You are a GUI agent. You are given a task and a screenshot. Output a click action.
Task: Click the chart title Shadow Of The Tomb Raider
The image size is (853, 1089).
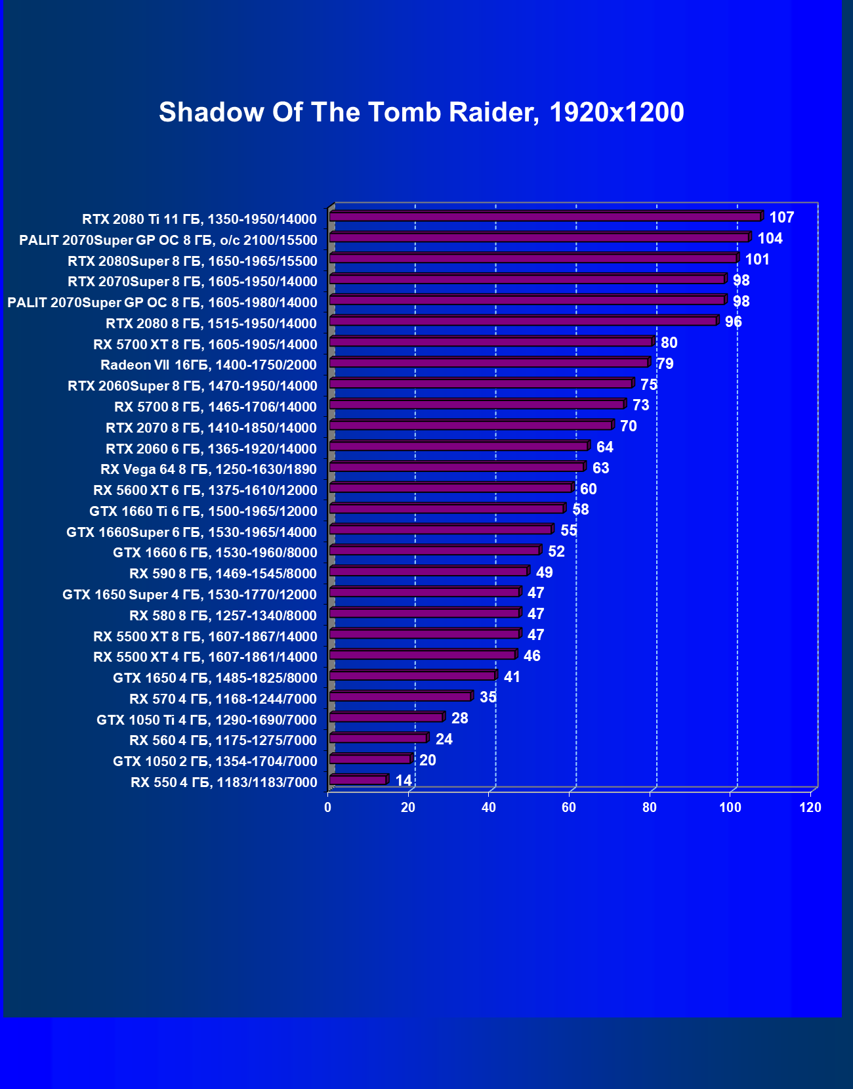pyautogui.click(x=421, y=112)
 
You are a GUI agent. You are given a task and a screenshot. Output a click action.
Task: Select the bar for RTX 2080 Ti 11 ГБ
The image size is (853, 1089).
pyautogui.click(x=545, y=217)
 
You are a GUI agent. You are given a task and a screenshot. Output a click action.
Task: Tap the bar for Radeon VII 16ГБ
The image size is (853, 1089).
pyautogui.click(x=489, y=363)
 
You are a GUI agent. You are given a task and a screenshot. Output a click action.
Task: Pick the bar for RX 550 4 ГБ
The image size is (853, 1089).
pyautogui.click(x=358, y=780)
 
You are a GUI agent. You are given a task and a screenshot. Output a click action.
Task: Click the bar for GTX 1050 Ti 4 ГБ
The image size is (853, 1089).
pyautogui.click(x=386, y=717)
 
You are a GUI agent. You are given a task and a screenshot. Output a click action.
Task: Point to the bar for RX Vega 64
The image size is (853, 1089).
pyautogui.click(x=456, y=467)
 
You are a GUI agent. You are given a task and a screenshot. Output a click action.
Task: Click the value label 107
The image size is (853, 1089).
pyautogui.click(x=781, y=217)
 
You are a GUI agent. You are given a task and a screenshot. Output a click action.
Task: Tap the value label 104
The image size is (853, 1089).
pyautogui.click(x=770, y=238)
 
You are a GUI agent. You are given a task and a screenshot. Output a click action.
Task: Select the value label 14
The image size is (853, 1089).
pyautogui.click(x=404, y=780)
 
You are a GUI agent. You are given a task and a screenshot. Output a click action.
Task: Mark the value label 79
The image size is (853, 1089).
pyautogui.click(x=665, y=364)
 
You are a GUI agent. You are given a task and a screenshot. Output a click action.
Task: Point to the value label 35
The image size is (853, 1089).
pyautogui.click(x=488, y=697)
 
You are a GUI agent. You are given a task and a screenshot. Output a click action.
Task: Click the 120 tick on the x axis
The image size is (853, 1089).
pyautogui.click(x=810, y=807)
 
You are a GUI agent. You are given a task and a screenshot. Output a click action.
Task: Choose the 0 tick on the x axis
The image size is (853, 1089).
pyautogui.click(x=328, y=807)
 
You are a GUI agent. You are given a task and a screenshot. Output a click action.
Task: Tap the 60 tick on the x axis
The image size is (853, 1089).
pyautogui.click(x=569, y=807)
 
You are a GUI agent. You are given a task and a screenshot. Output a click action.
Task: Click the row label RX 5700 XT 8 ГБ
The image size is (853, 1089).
pyautogui.click(x=205, y=345)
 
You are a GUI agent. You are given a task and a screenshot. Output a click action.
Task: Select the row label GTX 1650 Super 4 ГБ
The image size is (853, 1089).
pyautogui.click(x=190, y=595)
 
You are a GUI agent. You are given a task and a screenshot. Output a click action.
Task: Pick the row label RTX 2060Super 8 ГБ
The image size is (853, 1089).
pyautogui.click(x=192, y=386)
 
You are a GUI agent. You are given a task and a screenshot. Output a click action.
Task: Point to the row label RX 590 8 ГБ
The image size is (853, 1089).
pyautogui.click(x=223, y=574)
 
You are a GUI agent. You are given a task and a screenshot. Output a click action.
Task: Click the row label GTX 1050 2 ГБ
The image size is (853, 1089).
pyautogui.click(x=215, y=761)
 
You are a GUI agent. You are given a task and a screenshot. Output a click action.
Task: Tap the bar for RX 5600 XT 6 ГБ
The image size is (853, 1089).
pyautogui.click(x=450, y=488)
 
